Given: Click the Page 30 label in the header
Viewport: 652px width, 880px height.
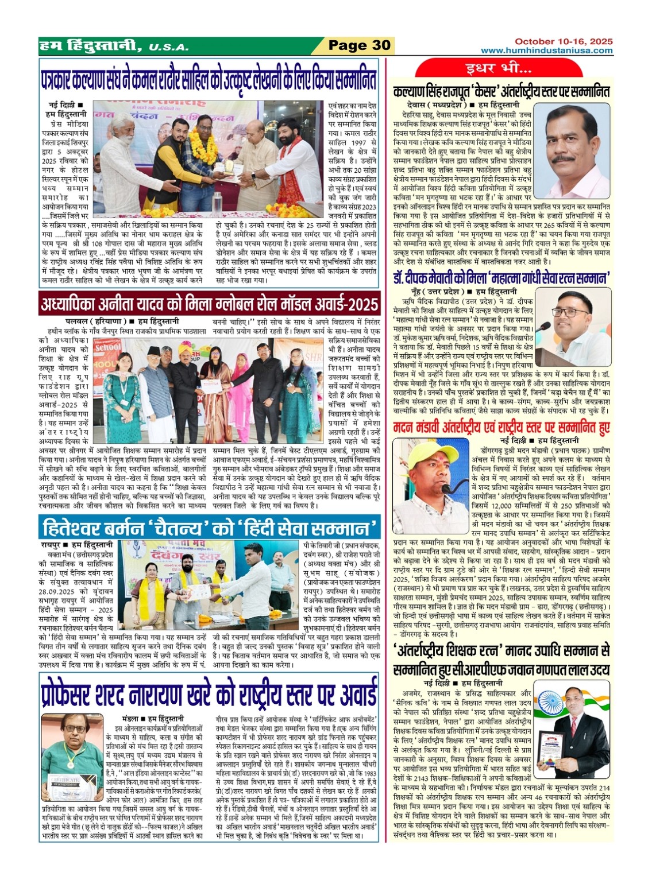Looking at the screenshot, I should tap(359, 45).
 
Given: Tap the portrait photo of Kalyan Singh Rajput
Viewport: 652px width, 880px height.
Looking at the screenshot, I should tap(577, 151).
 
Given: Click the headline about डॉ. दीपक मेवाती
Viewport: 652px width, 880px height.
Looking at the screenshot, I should tap(500, 278).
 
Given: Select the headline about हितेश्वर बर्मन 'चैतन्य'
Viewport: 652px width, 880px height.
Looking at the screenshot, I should tap(209, 527).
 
